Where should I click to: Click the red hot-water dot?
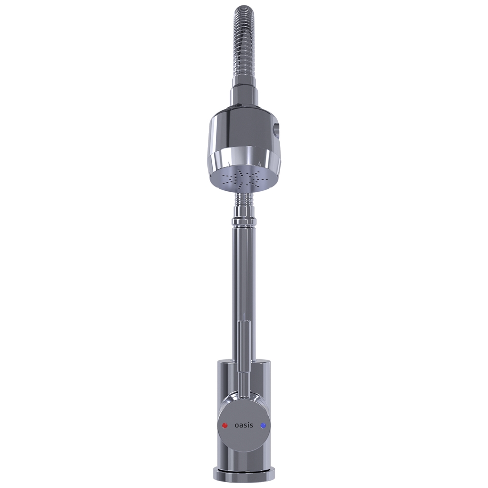coord(224,426)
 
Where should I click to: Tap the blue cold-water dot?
coord(264,426)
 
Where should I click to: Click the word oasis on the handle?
coord(244,425)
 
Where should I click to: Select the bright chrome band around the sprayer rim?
coord(244,158)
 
